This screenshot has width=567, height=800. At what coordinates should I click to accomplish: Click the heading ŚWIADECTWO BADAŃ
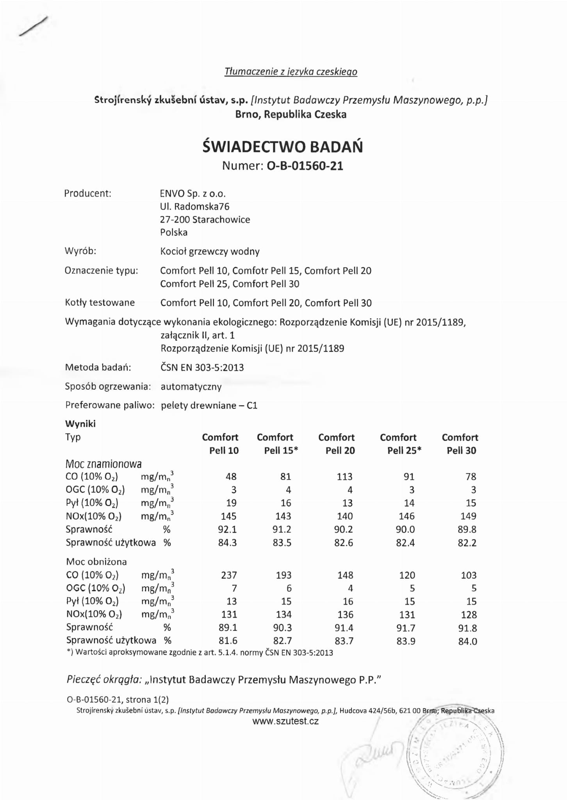pos(283,147)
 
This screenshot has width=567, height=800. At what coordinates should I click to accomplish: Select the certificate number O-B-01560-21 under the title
pos(305,166)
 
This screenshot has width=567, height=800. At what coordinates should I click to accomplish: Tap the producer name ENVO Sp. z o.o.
pos(193,193)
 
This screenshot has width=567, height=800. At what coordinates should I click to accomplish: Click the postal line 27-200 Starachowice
pos(205,220)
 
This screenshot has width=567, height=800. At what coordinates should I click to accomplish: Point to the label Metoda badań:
pos(98,367)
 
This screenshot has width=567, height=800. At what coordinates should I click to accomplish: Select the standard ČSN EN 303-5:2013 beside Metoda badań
pos(202,368)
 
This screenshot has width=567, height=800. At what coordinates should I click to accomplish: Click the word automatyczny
pos(191,387)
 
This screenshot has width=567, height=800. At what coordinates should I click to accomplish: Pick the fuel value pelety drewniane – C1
pos(209,406)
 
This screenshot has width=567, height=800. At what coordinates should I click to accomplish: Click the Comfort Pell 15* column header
pos(277,444)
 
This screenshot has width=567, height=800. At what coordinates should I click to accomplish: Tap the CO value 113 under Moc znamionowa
pos(344,477)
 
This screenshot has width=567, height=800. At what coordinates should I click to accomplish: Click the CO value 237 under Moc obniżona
pos(229,575)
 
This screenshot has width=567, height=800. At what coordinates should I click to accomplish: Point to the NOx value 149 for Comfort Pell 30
pos(468,516)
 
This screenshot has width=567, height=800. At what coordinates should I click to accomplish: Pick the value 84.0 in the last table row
pos(468,641)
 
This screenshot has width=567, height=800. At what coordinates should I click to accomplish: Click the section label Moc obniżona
pos(96,562)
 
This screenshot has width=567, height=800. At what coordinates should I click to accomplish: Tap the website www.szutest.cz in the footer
pos(285,721)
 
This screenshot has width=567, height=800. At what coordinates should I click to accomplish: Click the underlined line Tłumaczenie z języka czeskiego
pos(291,72)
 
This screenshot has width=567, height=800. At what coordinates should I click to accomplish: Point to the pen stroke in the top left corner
pos(33,26)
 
